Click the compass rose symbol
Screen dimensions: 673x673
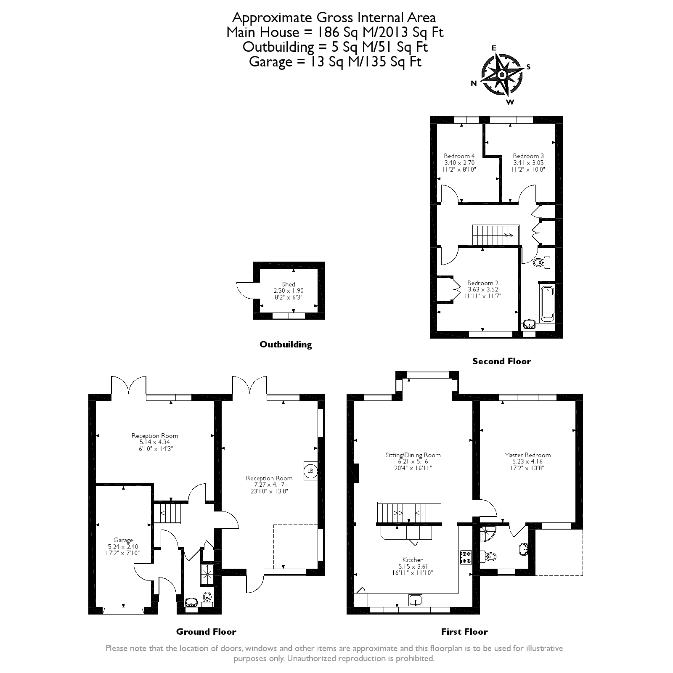tap(502, 75)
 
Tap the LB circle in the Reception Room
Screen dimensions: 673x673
tap(310, 470)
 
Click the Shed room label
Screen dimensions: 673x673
tap(289, 284)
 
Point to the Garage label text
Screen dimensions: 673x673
tap(123, 540)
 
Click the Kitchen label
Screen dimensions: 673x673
tap(413, 560)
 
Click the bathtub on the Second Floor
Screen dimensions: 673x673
tap(548, 303)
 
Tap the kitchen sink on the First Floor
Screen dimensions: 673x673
tap(416, 600)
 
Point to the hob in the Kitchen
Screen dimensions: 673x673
tap(466, 558)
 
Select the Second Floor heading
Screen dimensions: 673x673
tap(501, 361)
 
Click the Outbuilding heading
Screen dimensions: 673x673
tap(286, 344)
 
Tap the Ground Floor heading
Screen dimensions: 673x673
tap(206, 631)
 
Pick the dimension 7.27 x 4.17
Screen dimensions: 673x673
tap(269, 485)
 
